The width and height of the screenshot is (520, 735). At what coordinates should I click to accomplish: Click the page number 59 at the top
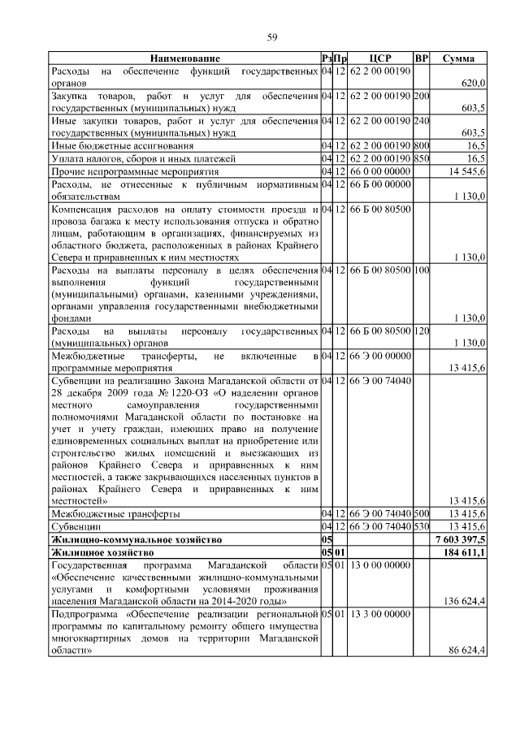click(273, 36)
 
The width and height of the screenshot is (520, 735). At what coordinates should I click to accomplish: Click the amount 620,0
click(473, 84)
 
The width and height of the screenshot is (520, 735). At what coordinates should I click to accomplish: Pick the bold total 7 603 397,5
click(461, 539)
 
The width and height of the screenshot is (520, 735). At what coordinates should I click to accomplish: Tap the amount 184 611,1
click(466, 552)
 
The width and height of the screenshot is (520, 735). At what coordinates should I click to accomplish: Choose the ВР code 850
click(421, 159)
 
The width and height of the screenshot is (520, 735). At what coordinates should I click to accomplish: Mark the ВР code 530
click(421, 527)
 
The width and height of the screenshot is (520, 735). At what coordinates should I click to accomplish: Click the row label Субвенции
click(77, 527)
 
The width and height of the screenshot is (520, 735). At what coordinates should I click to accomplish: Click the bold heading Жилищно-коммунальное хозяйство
click(133, 539)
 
